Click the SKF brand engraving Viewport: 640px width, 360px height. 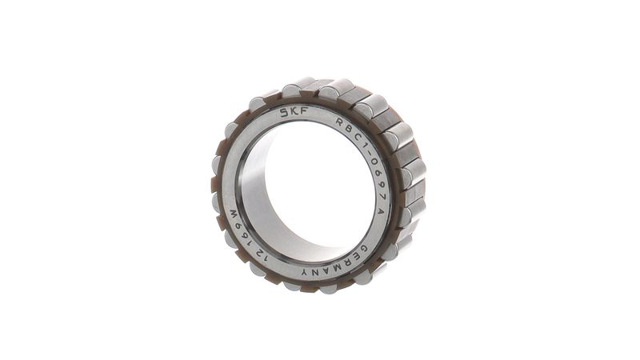pos(294,112)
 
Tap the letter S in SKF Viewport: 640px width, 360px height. pos(285,113)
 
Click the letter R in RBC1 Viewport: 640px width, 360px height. pos(339,122)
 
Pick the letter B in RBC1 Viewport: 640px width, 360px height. pos(347,128)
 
